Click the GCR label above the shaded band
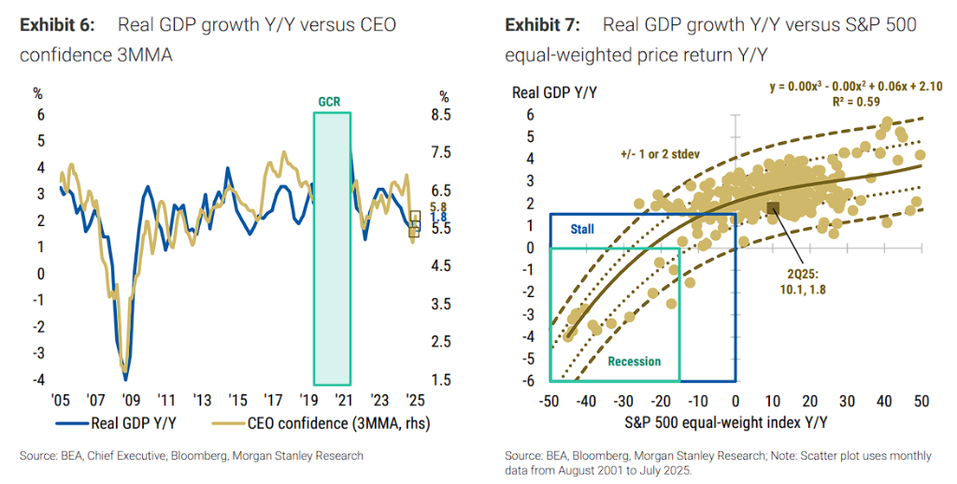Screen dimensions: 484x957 coord(331,100)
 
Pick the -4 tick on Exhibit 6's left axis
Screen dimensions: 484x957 coord(38,379)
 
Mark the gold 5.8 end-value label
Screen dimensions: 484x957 coord(437,206)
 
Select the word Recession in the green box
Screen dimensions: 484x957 coord(634,362)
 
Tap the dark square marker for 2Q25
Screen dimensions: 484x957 coord(773,207)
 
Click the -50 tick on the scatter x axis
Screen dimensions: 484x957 coord(550,400)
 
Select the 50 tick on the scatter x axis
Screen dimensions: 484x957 coord(921,400)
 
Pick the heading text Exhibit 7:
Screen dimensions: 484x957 coord(543,24)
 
